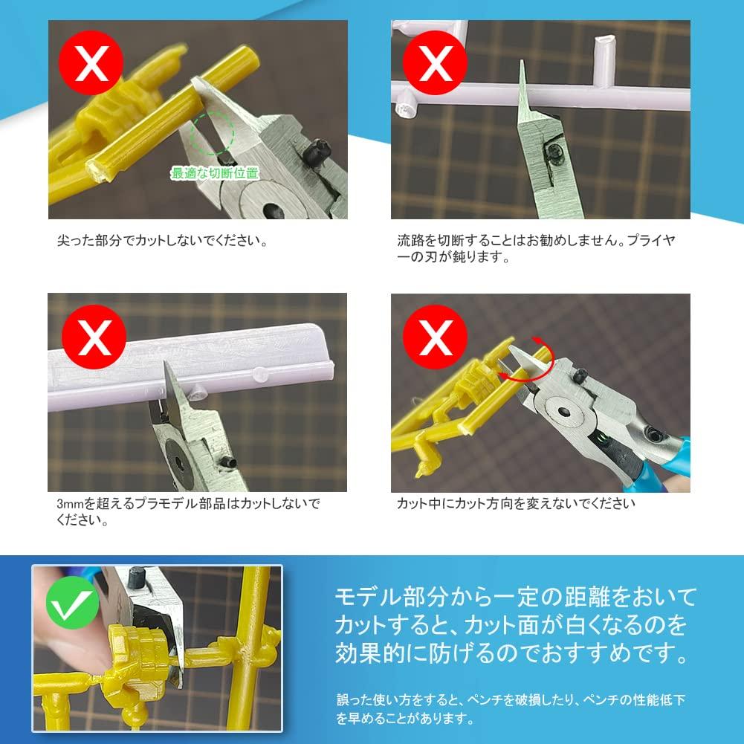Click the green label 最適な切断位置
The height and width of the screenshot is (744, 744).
coord(214,173)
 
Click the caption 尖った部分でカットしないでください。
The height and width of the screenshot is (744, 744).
coord(162,241)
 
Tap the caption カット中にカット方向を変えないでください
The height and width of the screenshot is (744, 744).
coord(516,503)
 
